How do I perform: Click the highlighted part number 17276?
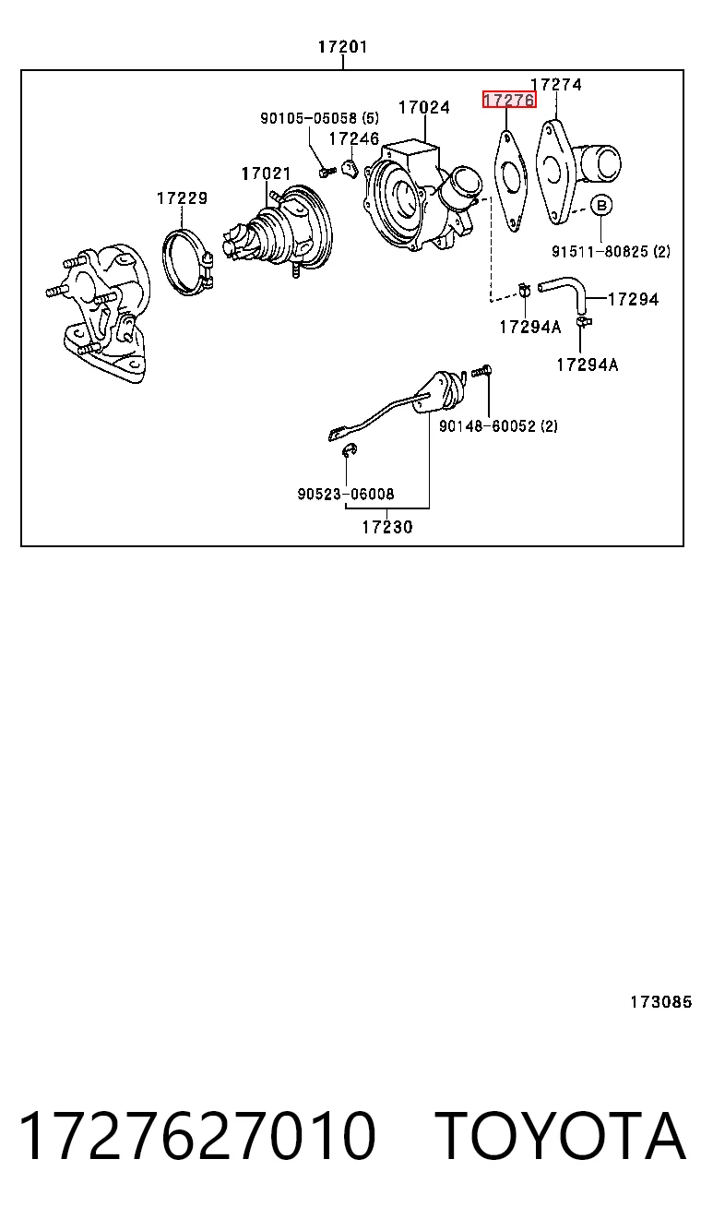tap(509, 100)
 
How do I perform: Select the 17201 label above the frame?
tap(342, 47)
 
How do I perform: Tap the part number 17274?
tap(556, 84)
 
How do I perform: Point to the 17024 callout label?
tap(424, 107)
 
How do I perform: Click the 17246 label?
tap(354, 138)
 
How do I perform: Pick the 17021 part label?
tap(266, 173)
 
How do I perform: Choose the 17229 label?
tap(183, 198)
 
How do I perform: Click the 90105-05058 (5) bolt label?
tap(319, 117)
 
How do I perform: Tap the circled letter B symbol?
tap(601, 206)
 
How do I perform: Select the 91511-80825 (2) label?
tap(611, 251)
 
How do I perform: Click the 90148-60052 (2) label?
tap(498, 426)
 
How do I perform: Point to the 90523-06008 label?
tap(346, 494)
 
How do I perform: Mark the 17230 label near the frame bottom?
tap(386, 528)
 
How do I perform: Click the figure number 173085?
tap(661, 1002)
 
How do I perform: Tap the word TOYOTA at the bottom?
tap(561, 1135)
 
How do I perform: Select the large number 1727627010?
tap(197, 1135)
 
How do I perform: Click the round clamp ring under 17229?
tap(165, 258)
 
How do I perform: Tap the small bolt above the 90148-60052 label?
tap(481, 372)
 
